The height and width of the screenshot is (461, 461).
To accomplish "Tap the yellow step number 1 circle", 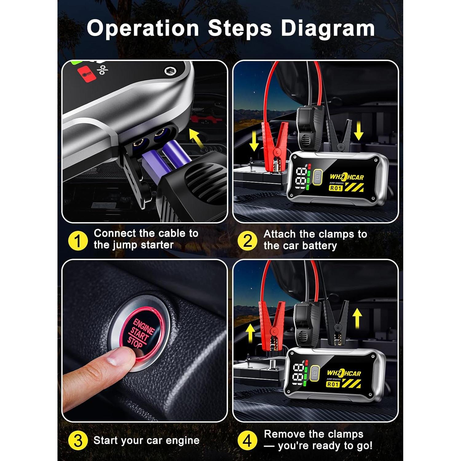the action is tap(78, 241).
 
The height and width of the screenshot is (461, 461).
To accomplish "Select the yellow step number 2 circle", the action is tap(247, 241).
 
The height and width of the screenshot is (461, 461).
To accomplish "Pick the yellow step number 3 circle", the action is tap(78, 440).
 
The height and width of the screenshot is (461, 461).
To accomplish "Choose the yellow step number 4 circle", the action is tap(247, 440).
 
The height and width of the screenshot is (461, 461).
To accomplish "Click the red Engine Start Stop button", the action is tap(140, 333).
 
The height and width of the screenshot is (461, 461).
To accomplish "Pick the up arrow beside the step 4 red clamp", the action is tap(250, 334).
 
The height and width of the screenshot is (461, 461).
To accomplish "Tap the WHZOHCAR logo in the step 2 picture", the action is tap(347, 177).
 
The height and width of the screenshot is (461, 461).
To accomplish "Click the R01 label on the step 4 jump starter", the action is tap(333, 384).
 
